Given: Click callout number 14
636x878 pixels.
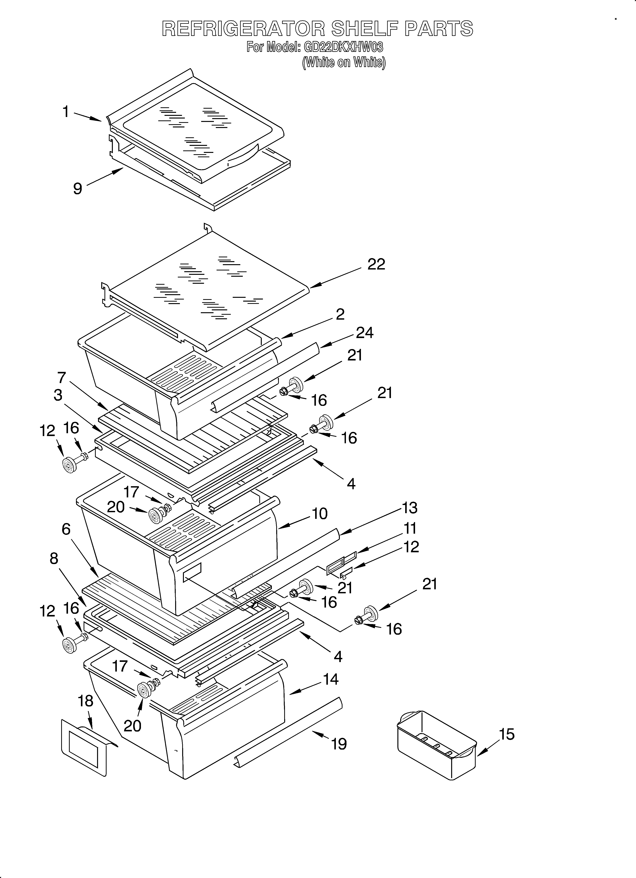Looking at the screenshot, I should pos(330,690).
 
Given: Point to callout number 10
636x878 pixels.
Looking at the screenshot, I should pos(320,513).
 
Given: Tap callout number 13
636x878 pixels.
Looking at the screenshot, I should pos(410,507).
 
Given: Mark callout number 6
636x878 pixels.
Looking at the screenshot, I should pos(66,529).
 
